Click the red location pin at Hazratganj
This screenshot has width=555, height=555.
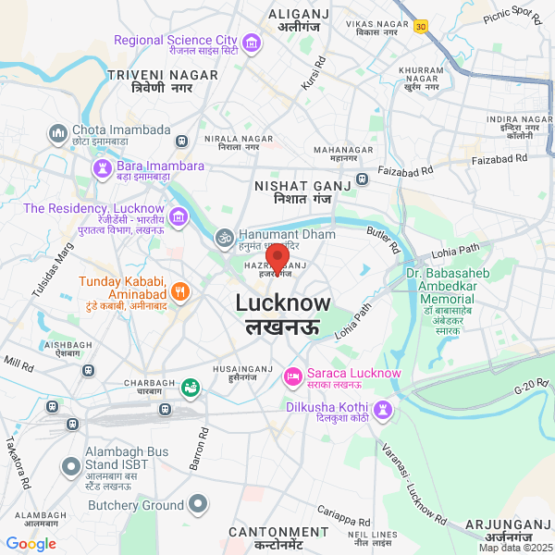click(277, 255)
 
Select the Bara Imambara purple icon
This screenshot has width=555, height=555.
click(102, 167)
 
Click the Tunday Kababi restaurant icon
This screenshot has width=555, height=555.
click(179, 290)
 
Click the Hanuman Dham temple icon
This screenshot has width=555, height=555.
click(222, 237)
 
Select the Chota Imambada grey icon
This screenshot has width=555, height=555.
click(58, 132)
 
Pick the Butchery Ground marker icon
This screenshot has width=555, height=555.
click(198, 505)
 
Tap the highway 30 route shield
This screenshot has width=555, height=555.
click(421, 27)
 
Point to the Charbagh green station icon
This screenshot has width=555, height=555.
click(191, 387)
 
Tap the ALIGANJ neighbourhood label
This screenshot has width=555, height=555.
click(300, 14)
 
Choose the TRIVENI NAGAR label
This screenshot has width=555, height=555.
click(162, 74)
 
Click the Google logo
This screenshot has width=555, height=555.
click(31, 544)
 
